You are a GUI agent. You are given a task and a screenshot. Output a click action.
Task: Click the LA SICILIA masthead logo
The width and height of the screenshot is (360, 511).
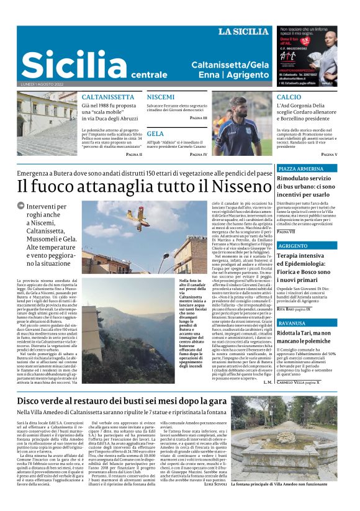point(243,32)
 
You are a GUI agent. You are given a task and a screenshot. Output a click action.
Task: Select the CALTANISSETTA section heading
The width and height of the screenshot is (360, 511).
point(108,97)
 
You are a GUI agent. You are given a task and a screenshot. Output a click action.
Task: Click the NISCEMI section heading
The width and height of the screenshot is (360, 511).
point(161,97)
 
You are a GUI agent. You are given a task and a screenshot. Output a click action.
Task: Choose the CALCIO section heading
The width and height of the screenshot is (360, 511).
point(289,97)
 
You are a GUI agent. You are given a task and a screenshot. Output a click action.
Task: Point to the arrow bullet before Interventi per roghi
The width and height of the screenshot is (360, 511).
point(21,206)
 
